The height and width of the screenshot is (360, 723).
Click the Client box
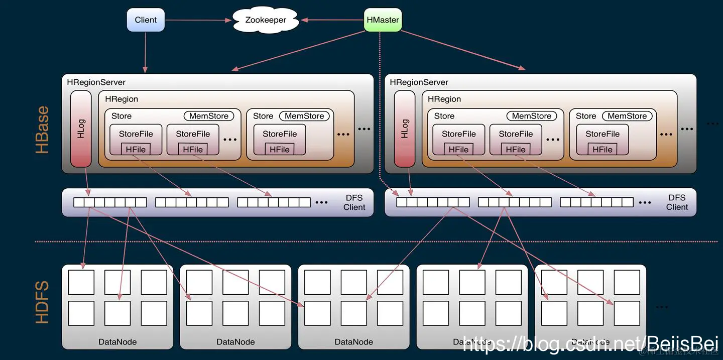click(x=146, y=20)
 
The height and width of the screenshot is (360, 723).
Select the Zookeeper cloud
click(x=266, y=20)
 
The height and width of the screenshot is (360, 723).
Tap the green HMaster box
click(x=383, y=20)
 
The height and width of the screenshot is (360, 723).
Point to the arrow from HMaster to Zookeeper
click(x=332, y=20)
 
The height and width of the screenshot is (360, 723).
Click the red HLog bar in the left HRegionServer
click(x=81, y=129)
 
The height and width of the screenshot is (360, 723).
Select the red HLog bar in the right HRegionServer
click(x=404, y=129)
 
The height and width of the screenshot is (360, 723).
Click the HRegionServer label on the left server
click(x=96, y=82)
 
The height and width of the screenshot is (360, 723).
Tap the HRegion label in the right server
click(x=444, y=99)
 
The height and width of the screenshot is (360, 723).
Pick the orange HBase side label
click(x=43, y=130)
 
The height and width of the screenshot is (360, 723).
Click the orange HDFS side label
click(x=43, y=302)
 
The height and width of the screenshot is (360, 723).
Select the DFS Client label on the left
click(x=354, y=202)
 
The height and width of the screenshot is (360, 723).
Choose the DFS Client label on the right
click(x=677, y=202)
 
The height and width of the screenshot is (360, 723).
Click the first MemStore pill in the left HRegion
click(x=208, y=116)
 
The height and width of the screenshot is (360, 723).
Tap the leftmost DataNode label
click(x=117, y=342)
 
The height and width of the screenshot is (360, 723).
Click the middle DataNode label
click(x=353, y=342)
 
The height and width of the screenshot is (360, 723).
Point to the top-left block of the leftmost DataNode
click(x=81, y=282)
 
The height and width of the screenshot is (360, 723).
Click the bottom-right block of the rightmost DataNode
click(x=627, y=313)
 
